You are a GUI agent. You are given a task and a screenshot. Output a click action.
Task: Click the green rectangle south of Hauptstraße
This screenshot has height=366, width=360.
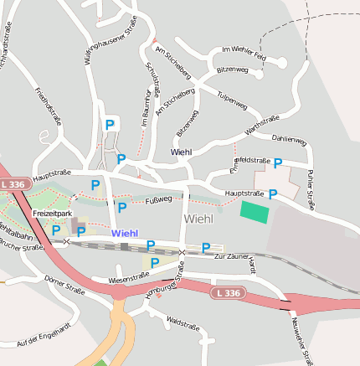point(255,211)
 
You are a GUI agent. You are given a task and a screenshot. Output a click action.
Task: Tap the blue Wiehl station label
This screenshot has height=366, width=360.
point(124,233)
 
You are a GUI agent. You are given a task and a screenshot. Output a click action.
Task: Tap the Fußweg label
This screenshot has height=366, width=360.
point(158,199)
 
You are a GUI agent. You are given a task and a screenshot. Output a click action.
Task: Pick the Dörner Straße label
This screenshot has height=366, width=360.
point(64,289)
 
